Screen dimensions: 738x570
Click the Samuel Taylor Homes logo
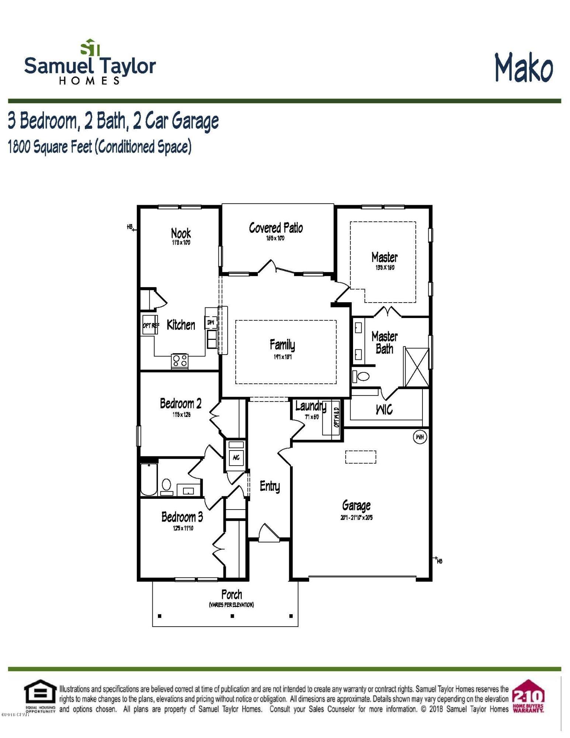pyautogui.click(x=90, y=63)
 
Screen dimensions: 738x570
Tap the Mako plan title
pyautogui.click(x=524, y=68)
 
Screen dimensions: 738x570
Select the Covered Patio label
pyautogui.click(x=276, y=228)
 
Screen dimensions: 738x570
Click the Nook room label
pyautogui.click(x=181, y=233)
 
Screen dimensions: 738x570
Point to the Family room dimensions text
pyautogui.click(x=283, y=357)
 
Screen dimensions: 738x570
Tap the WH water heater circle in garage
pyautogui.click(x=420, y=437)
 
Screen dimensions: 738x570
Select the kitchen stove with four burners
pyautogui.click(x=180, y=360)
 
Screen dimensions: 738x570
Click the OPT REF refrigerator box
pyautogui.click(x=151, y=325)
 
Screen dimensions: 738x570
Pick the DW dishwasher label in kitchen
pyautogui.click(x=211, y=322)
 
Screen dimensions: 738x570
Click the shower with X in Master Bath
pyautogui.click(x=417, y=367)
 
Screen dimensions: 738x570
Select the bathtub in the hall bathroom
pyautogui.click(x=149, y=479)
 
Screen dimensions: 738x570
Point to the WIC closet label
pyautogui.click(x=384, y=410)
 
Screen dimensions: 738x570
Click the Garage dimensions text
pyautogui.click(x=356, y=518)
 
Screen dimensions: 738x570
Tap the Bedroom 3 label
pyautogui.click(x=182, y=517)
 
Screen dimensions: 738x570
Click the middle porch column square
pyautogui.click(x=232, y=615)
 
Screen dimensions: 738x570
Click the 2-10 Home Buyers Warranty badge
pyautogui.click(x=529, y=696)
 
